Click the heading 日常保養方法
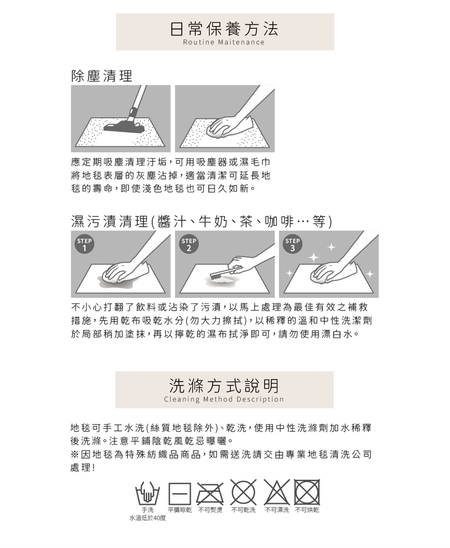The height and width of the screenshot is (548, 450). pos(225,29)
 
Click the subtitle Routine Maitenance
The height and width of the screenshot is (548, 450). pos(224,42)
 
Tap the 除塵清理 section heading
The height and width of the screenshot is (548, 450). pos(102,76)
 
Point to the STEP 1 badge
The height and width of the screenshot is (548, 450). pos(84,244)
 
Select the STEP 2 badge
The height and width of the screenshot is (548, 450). pos(189,244)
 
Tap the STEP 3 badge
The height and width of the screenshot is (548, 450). pos(292,244)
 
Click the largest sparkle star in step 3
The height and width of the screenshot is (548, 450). pos(314,258)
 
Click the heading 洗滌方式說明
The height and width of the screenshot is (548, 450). pos(224,386)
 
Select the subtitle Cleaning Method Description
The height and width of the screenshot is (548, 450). pos(224,400)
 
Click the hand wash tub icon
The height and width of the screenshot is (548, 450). pos(148,493)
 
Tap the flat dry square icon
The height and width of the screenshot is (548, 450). pos(180,493)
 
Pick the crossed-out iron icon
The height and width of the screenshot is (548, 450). pos(210,493)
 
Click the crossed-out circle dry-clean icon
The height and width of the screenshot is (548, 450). pos(243,493)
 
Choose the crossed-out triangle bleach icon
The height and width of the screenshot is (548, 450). pos(277,492)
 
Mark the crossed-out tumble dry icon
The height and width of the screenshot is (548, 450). pos(307,492)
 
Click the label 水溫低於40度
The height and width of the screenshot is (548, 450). pos(148,518)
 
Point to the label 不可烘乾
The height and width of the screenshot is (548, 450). pos(307,510)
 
